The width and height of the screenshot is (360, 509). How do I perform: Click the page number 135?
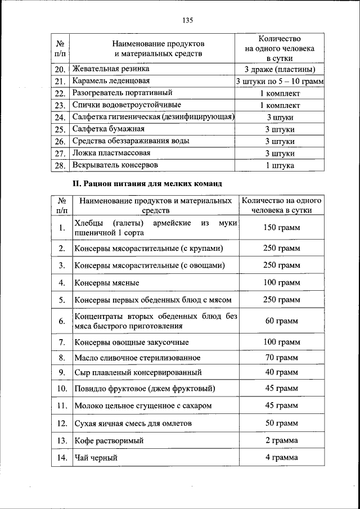click(187, 20)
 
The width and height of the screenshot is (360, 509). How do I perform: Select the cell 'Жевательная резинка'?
click(111, 69)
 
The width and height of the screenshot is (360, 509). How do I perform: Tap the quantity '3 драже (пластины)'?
click(280, 70)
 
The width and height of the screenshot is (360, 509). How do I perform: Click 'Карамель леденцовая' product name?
click(107, 81)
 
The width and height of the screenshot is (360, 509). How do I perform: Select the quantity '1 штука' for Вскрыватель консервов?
click(280, 165)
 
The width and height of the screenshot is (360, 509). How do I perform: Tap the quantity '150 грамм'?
click(281, 228)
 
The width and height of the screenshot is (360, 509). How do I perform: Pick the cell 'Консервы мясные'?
click(107, 282)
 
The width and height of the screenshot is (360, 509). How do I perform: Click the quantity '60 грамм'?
click(281, 321)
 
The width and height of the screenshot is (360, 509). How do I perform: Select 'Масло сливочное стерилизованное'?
click(137, 358)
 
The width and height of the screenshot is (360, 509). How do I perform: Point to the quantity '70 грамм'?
click(281, 358)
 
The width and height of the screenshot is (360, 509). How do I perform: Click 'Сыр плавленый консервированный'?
click(138, 372)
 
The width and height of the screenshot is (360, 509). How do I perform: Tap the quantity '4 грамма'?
click(281, 458)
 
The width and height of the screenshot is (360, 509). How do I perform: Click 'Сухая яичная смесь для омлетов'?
click(133, 423)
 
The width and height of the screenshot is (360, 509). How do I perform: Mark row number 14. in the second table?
click(62, 458)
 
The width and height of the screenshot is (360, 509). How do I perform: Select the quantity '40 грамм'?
click(281, 372)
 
